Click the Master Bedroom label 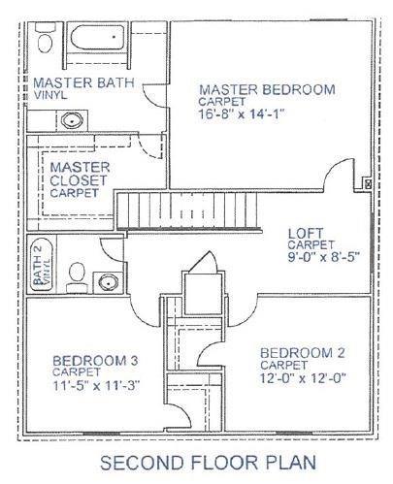tap(267, 89)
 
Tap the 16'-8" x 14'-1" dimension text tap(242, 114)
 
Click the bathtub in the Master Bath tap(97, 37)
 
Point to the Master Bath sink tap(72, 120)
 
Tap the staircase tap(188, 210)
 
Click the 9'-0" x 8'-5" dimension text tap(324, 257)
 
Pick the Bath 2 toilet tap(77, 276)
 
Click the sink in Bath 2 tap(108, 282)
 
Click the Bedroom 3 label tap(95, 361)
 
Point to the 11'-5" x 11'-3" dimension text tap(96, 385)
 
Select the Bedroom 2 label tap(303, 353)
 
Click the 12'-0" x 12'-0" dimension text tap(303, 377)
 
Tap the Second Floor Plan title tap(208, 463)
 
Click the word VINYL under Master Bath tap(50, 95)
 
